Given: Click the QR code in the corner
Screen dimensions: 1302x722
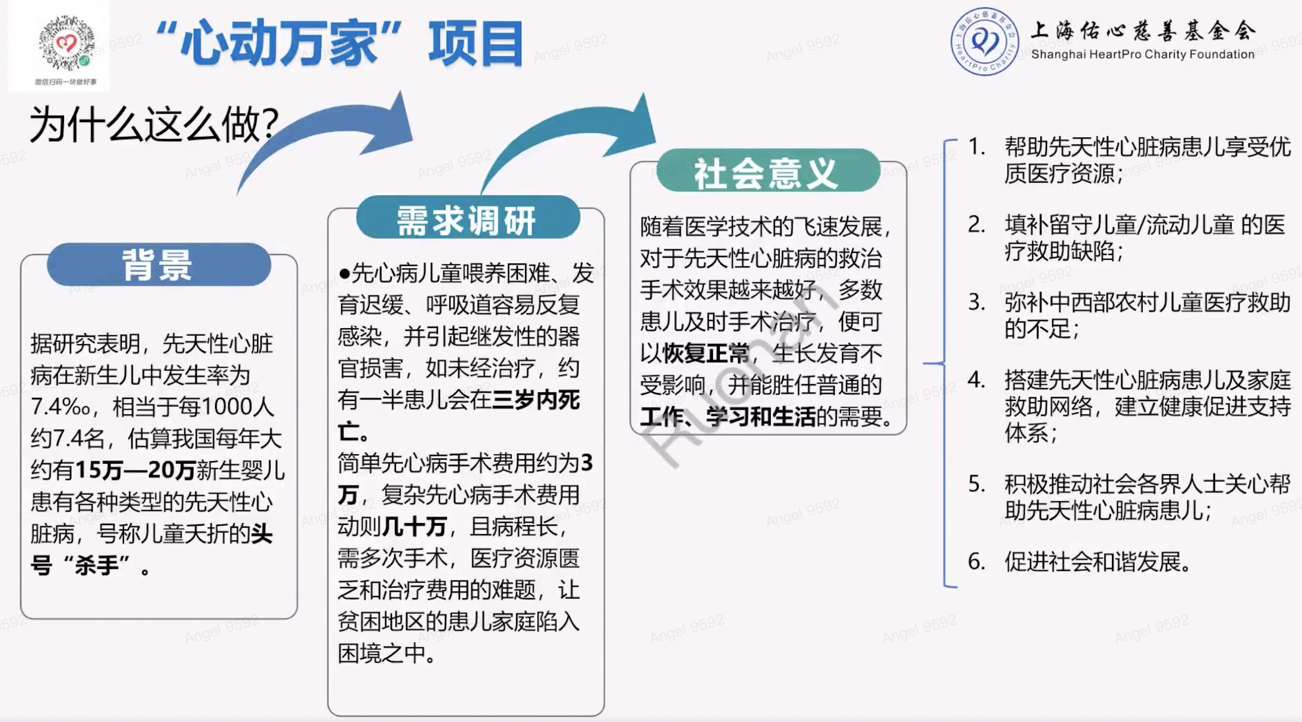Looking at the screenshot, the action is pyautogui.click(x=67, y=44).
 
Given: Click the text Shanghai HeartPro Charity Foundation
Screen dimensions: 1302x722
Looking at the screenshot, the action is pyautogui.click(x=1143, y=54).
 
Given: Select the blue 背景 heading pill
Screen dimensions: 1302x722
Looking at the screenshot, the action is pyautogui.click(x=159, y=264).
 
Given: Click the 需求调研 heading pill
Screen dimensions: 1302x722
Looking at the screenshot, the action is pyautogui.click(x=468, y=218).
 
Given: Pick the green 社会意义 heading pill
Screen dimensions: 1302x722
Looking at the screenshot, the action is pyautogui.click(x=768, y=171).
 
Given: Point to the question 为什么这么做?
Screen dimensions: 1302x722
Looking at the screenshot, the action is pyautogui.click(x=154, y=125).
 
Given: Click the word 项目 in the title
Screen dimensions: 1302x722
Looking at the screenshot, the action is pyautogui.click(x=475, y=44).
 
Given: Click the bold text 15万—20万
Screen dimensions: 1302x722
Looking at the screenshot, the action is pyautogui.click(x=136, y=470).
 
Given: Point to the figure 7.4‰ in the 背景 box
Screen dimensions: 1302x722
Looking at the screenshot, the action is pyautogui.click(x=60, y=407).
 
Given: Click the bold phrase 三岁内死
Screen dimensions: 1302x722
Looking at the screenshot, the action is pyautogui.click(x=536, y=400).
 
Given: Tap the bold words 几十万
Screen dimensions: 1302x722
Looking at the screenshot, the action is pyautogui.click(x=414, y=527).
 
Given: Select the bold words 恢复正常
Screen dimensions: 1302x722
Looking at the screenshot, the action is pyautogui.click(x=706, y=353).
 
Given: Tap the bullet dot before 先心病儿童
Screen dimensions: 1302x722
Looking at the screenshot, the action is pyautogui.click(x=344, y=274).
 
